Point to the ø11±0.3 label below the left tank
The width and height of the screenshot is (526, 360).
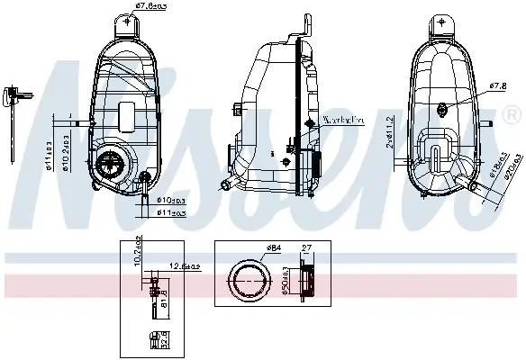point(171,212)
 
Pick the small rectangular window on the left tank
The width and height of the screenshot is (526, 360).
point(127,116)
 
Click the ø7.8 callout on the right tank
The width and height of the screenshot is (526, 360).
point(495,86)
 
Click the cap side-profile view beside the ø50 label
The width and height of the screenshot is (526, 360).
point(306,282)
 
